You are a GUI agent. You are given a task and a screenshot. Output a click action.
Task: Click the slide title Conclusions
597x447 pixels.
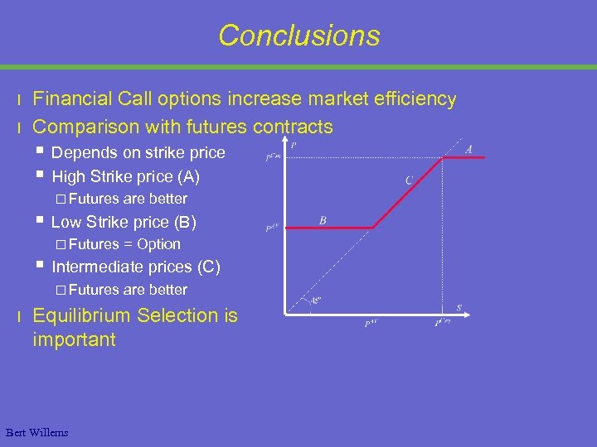298,36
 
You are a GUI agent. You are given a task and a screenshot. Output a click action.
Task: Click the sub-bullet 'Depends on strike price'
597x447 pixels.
138,152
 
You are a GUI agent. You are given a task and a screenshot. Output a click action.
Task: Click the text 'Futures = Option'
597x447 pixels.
124,244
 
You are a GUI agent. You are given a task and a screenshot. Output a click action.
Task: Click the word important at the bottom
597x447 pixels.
75,339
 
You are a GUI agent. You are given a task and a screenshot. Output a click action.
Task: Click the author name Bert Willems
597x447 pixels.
36,432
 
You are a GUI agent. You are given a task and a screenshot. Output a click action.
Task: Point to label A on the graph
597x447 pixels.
469,150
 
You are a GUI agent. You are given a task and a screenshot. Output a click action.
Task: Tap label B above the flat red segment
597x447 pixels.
323,220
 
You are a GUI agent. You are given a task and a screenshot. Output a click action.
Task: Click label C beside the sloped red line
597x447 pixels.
409,180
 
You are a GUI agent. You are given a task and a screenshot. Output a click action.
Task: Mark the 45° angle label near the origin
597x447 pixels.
315,300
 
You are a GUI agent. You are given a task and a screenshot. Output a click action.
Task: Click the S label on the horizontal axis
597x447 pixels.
459,308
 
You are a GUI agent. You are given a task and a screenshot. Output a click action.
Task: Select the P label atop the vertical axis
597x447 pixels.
294,146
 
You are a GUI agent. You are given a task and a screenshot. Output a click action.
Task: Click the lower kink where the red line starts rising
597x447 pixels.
372,228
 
